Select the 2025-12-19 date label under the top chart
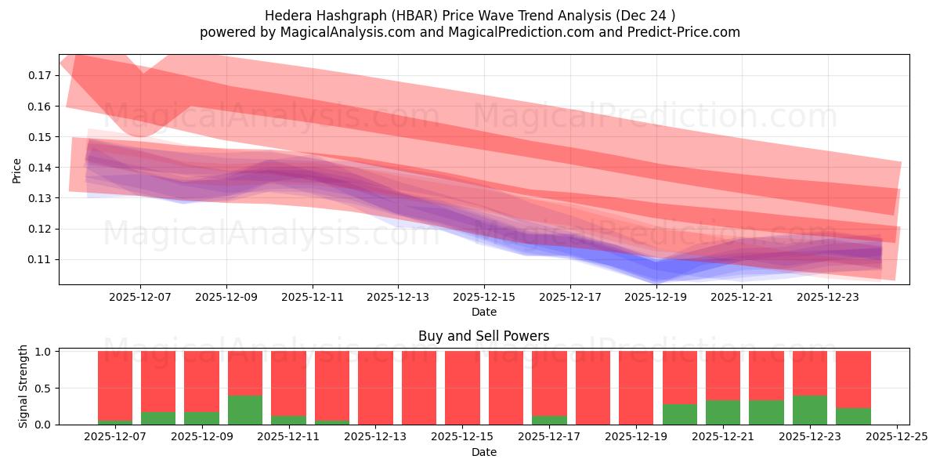pyautogui.click(x=656, y=298)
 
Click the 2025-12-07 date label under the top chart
pyautogui.click(x=140, y=298)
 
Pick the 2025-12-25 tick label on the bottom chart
pyautogui.click(x=896, y=437)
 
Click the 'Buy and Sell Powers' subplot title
pyautogui.click(x=483, y=336)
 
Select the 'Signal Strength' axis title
pyautogui.click(x=23, y=386)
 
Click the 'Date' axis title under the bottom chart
pyautogui.click(x=483, y=452)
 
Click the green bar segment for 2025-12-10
pyautogui.click(x=245, y=410)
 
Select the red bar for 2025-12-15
pyautogui.click(x=462, y=388)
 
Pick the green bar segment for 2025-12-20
pyautogui.click(x=679, y=414)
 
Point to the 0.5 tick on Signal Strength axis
pyautogui.click(x=44, y=388)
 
